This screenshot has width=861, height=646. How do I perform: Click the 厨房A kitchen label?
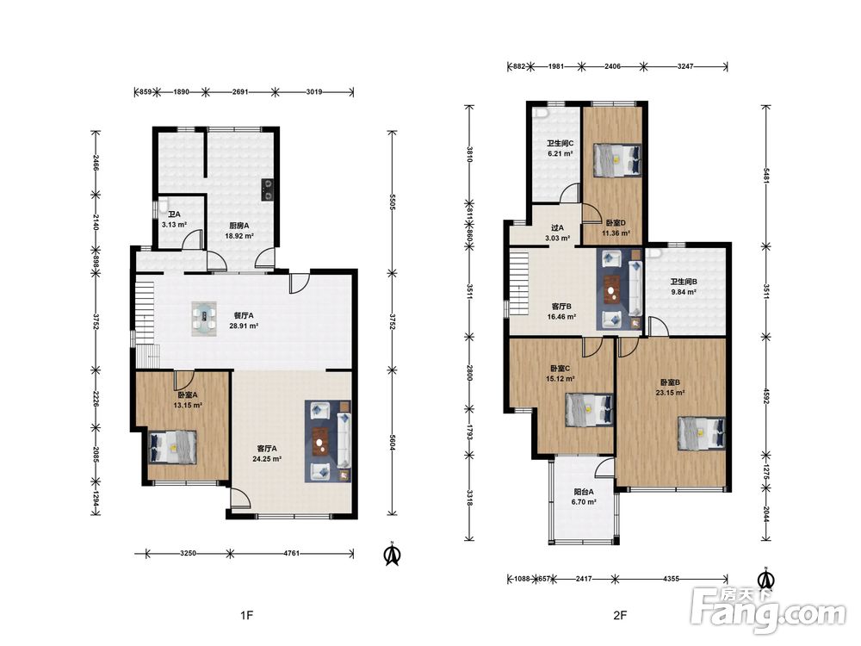(239, 225)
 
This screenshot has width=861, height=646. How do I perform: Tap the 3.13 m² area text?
(175, 225)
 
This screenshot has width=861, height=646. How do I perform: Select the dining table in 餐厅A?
(205, 318)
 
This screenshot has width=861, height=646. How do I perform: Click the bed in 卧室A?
(173, 447)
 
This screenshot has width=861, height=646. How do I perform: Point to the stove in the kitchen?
(268, 189)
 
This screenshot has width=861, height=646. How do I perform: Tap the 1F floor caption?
(246, 615)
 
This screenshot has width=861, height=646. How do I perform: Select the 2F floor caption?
(620, 615)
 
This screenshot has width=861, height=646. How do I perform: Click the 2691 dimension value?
(240, 92)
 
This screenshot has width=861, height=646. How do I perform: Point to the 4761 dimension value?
(292, 553)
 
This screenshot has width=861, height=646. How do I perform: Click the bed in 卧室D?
(616, 160)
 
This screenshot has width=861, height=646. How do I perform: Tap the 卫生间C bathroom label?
(561, 143)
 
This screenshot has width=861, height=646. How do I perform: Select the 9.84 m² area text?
(684, 292)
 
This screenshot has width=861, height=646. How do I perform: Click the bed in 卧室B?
(702, 433)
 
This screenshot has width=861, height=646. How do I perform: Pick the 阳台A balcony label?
(583, 492)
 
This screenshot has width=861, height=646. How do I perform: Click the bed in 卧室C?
(589, 410)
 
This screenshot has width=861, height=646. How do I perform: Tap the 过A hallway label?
(557, 228)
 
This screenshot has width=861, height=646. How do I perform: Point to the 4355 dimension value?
(671, 579)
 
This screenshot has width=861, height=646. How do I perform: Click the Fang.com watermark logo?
(769, 610)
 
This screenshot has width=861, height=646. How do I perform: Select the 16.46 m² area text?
(561, 317)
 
